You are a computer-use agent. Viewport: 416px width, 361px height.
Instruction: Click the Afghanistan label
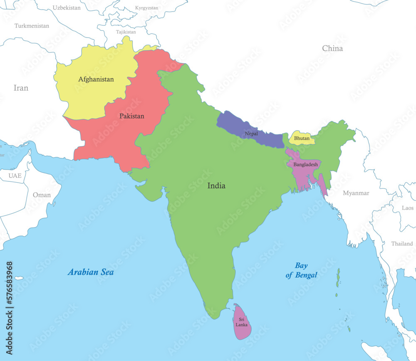(96, 79)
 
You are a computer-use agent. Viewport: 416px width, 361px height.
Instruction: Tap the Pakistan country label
(131, 116)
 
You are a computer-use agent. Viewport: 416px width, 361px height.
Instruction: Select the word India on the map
(216, 186)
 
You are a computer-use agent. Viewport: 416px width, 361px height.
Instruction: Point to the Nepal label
(251, 134)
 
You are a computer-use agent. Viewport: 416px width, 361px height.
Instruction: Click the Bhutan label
(302, 138)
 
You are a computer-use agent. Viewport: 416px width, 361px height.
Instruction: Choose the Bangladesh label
(305, 165)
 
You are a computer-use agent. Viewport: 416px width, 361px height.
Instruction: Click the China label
(332, 49)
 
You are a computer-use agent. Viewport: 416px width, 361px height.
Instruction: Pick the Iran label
(21, 88)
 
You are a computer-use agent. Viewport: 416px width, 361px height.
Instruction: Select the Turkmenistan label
(32, 26)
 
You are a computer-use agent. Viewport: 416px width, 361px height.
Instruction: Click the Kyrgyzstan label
(147, 8)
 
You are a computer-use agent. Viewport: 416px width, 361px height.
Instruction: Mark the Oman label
(42, 195)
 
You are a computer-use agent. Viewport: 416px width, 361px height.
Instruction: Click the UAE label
(15, 176)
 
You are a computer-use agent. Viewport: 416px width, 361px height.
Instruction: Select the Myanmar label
(356, 193)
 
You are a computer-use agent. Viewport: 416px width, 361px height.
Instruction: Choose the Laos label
(408, 208)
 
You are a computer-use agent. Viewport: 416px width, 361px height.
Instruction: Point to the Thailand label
(402, 244)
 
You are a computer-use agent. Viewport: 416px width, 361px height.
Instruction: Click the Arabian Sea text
(91, 272)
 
